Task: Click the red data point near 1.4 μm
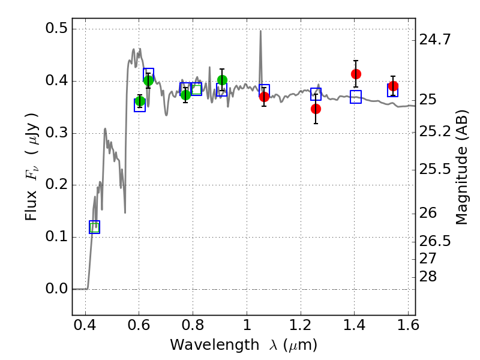[356, 74]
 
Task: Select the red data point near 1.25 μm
[316, 109]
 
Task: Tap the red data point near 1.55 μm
[393, 86]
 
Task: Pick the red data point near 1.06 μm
[264, 97]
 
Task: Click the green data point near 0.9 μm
[222, 80]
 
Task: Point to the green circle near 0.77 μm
[185, 95]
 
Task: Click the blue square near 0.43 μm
[94, 227]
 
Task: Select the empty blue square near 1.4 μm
[356, 97]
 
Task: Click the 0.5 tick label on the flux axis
[56, 28]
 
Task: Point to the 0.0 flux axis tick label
[56, 289]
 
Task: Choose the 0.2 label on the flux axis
[56, 185]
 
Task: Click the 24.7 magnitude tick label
[434, 40]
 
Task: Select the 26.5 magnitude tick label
[434, 241]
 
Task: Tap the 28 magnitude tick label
[428, 277]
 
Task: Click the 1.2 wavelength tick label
[301, 325]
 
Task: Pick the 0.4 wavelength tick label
[85, 325]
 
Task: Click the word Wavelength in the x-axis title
[215, 345]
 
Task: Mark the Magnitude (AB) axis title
[462, 167]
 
